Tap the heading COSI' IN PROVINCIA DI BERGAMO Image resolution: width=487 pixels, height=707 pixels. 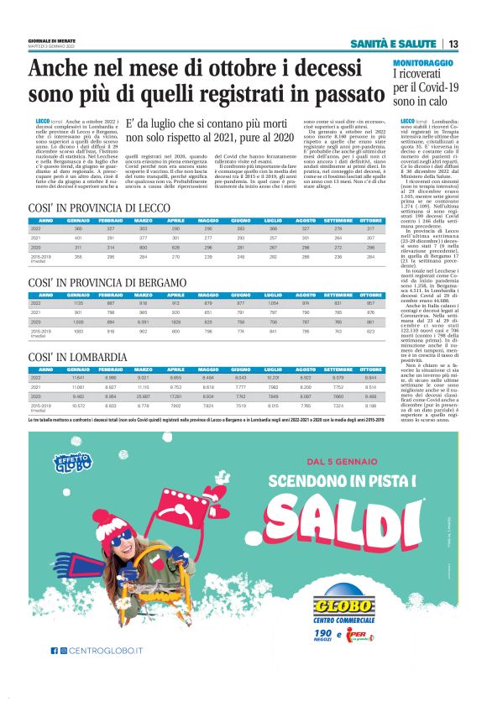[107, 284]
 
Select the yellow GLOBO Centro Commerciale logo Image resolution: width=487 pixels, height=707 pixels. [342, 606]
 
